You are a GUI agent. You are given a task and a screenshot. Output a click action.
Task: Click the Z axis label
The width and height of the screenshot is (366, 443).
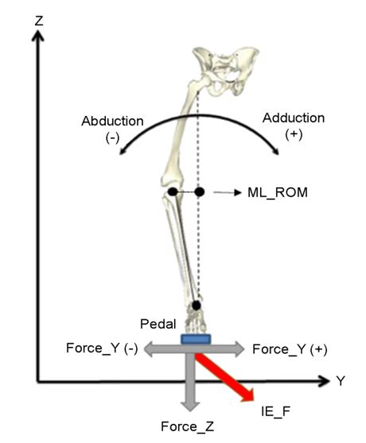click(x=39, y=21)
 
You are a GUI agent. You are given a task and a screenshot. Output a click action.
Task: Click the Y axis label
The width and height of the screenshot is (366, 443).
click(x=341, y=381)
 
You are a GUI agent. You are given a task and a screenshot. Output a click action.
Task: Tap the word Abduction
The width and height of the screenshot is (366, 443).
click(x=112, y=121)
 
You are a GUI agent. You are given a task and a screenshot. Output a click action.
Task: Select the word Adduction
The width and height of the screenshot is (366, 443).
click(x=294, y=118)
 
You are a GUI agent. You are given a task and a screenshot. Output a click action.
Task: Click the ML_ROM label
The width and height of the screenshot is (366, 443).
click(x=278, y=193)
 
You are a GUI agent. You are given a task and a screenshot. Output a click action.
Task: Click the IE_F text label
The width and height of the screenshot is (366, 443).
click(x=275, y=411)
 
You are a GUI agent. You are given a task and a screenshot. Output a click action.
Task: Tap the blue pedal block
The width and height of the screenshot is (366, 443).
click(x=196, y=339)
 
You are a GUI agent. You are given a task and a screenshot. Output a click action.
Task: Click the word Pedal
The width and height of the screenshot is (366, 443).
click(x=158, y=324)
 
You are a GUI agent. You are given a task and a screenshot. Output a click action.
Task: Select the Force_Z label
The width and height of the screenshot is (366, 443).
click(x=188, y=426)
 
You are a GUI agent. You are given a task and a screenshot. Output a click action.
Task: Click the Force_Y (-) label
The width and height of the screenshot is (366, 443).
click(x=102, y=349)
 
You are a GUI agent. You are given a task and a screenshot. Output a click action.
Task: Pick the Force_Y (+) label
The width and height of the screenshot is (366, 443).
click(x=290, y=349)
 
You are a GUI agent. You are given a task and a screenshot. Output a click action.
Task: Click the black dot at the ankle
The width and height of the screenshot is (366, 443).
click(x=197, y=306)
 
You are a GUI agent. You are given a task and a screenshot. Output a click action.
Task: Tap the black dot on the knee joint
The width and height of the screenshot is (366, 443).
click(x=173, y=192)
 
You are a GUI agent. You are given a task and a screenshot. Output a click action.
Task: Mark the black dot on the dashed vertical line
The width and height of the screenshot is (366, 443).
click(x=199, y=192)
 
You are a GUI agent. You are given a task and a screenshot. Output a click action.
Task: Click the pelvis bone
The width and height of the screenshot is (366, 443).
click(x=227, y=71)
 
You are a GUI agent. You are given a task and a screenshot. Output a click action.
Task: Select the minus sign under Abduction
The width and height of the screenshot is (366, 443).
click(x=112, y=138)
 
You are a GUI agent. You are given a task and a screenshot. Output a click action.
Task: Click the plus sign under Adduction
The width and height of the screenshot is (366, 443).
click(x=294, y=135)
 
